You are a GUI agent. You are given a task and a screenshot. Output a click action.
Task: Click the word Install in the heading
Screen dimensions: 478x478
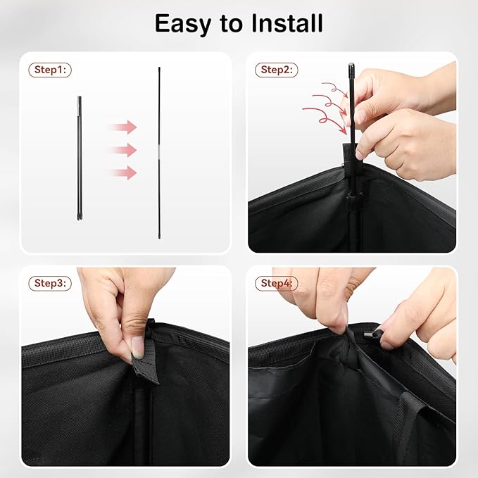287,23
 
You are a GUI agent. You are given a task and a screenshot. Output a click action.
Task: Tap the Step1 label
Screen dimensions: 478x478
50,70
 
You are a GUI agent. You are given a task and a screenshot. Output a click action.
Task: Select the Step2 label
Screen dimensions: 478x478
277,70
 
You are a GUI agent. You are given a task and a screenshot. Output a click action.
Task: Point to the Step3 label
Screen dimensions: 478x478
50,283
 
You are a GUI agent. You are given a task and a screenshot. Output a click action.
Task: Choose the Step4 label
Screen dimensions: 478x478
277,283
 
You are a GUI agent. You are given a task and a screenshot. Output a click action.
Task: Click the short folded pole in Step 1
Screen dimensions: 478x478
80,158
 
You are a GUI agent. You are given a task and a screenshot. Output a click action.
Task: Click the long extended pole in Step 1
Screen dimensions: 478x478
159,153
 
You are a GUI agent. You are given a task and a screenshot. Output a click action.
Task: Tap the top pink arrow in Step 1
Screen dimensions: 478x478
123,127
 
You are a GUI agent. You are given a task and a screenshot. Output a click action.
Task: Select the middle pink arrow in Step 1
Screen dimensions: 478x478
123,150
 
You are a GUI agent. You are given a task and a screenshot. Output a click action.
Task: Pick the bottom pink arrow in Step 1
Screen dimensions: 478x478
123,173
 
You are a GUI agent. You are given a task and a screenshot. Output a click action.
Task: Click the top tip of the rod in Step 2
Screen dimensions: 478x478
351,64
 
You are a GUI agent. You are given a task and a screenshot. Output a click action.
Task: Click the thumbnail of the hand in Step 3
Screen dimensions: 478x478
137,347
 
